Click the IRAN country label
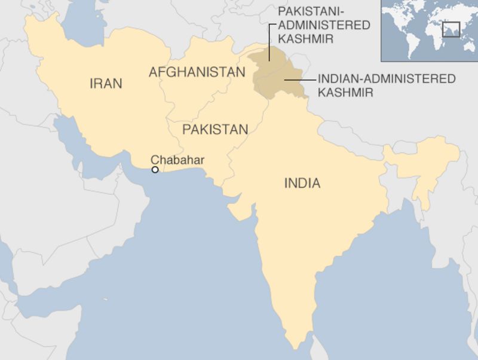coord(106,83)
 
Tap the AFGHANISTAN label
coord(197,72)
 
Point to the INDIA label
coord(302,184)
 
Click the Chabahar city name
coord(177,160)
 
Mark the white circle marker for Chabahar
coord(155,170)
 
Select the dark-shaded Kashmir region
coord(275,75)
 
